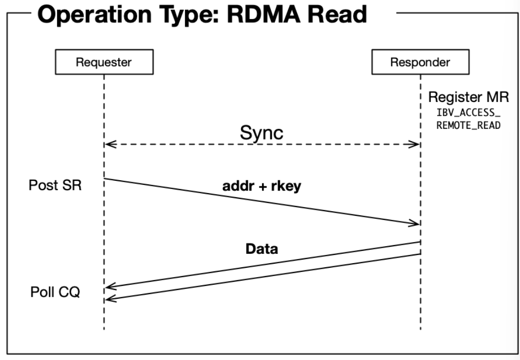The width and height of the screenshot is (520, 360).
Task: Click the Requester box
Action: (x=103, y=63)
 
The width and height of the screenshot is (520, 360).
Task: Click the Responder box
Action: (x=420, y=63)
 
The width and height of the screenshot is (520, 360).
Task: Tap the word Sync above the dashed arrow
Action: (x=262, y=133)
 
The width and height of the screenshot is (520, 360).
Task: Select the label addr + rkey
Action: (x=261, y=186)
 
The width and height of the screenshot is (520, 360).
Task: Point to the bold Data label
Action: (x=262, y=249)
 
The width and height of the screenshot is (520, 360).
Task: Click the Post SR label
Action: (x=55, y=185)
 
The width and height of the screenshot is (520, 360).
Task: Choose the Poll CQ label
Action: (x=55, y=293)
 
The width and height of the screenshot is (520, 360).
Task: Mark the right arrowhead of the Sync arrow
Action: (x=416, y=145)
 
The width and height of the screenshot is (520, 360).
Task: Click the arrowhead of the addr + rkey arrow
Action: (x=415, y=224)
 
